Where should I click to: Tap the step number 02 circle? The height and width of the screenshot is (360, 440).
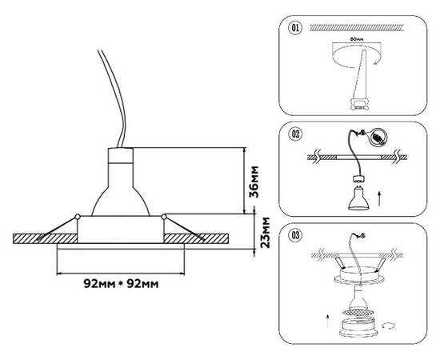296,133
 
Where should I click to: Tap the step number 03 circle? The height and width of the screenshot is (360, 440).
296,236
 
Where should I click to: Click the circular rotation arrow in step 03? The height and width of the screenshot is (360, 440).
390,326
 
